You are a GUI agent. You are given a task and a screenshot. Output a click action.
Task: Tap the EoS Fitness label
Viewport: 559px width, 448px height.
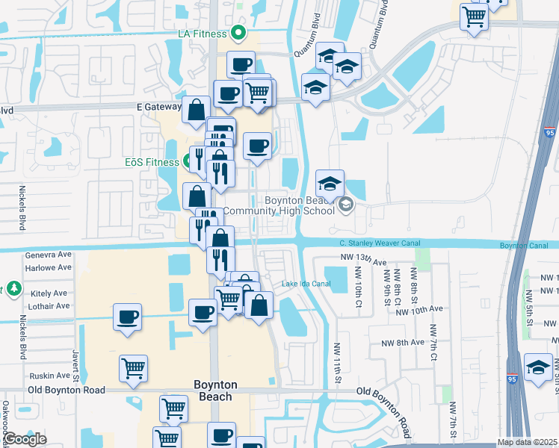152,161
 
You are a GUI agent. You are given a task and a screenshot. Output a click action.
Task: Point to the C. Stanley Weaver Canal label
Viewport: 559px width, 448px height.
379,243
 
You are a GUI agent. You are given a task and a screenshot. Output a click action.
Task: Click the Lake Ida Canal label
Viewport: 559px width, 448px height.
306,284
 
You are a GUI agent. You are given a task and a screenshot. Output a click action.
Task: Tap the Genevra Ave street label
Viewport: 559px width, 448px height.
48,255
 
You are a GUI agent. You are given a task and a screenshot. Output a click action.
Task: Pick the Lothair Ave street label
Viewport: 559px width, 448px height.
48,306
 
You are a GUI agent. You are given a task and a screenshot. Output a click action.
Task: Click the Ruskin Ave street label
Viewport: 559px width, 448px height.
49,376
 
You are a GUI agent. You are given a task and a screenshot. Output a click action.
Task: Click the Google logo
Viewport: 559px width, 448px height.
25,439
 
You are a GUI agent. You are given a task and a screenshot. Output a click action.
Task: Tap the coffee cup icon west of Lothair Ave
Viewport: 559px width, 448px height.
127,317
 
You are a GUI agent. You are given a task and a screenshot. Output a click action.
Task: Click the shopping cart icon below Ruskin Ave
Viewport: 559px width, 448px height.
133,367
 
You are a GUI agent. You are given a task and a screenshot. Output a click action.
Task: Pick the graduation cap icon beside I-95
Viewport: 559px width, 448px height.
538,367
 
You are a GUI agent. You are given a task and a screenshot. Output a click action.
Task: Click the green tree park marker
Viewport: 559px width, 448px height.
13,288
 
